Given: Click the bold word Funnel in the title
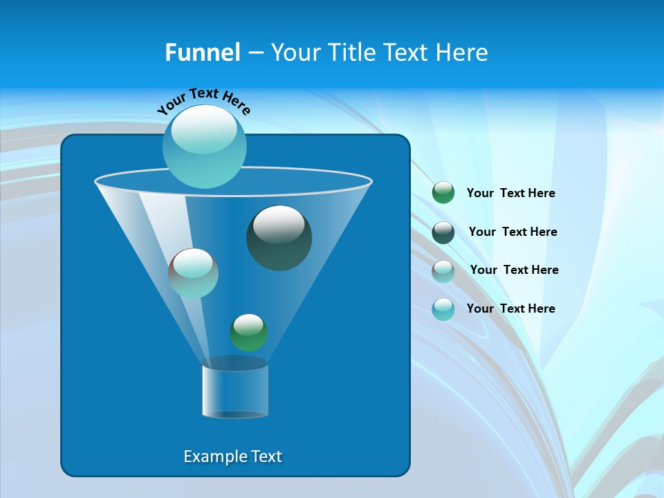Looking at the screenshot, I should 202,53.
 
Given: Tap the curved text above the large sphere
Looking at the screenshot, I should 203,100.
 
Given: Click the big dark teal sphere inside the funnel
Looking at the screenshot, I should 279,239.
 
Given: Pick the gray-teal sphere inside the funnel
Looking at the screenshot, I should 193,273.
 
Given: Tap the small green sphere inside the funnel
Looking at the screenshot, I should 248,333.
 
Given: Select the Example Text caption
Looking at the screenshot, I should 232,456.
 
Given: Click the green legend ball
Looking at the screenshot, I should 443,193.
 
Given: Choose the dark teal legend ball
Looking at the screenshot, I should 443,232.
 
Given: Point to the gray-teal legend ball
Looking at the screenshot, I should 443,271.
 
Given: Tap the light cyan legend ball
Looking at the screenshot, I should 443,309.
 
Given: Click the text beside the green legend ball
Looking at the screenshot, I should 510,194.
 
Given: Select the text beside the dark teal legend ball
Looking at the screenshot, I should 513,232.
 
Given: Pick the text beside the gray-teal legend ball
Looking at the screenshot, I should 514,270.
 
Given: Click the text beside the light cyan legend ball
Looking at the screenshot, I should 510,308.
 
